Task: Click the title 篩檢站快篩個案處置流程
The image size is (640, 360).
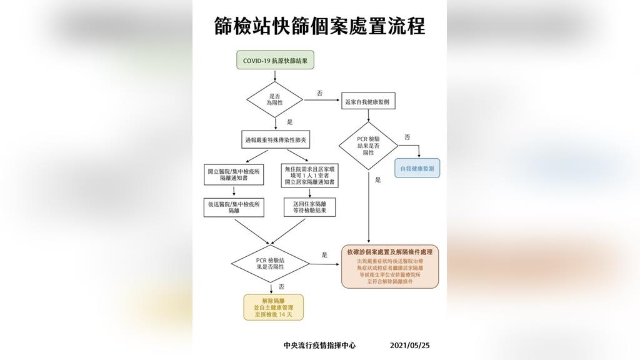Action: [319, 26]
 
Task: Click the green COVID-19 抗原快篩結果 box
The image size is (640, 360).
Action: [275, 61]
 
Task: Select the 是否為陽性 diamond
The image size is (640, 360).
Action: [275, 99]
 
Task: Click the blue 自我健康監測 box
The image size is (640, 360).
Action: [417, 168]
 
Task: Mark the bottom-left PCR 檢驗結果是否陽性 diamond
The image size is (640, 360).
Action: [270, 263]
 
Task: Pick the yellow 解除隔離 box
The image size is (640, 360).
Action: [274, 307]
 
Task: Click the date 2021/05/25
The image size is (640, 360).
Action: [410, 345]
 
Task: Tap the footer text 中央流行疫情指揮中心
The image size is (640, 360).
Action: [319, 345]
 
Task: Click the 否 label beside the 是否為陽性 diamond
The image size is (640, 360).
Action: [319, 93]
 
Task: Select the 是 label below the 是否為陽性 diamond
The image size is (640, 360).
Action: [290, 122]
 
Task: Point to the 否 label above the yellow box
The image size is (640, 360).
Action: [282, 287]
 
